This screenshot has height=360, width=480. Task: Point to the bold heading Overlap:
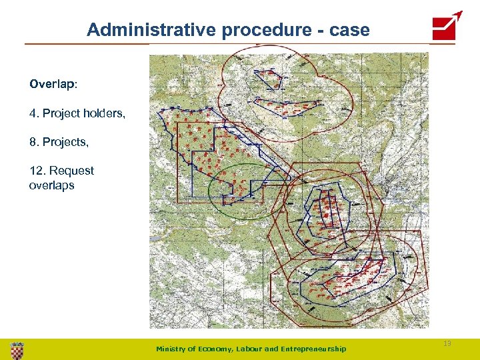tap(53, 85)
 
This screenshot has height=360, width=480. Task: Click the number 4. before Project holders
tap(34, 113)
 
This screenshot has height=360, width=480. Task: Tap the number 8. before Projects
tap(34, 142)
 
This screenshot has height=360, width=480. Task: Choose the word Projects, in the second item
tap(65, 142)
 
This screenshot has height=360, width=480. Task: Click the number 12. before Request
tap(37, 171)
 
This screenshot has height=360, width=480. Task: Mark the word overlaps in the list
tap(51, 185)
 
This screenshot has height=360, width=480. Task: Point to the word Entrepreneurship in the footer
tap(315, 349)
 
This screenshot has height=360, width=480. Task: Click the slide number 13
tap(447, 343)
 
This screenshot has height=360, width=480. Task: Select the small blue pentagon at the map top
tap(270, 79)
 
